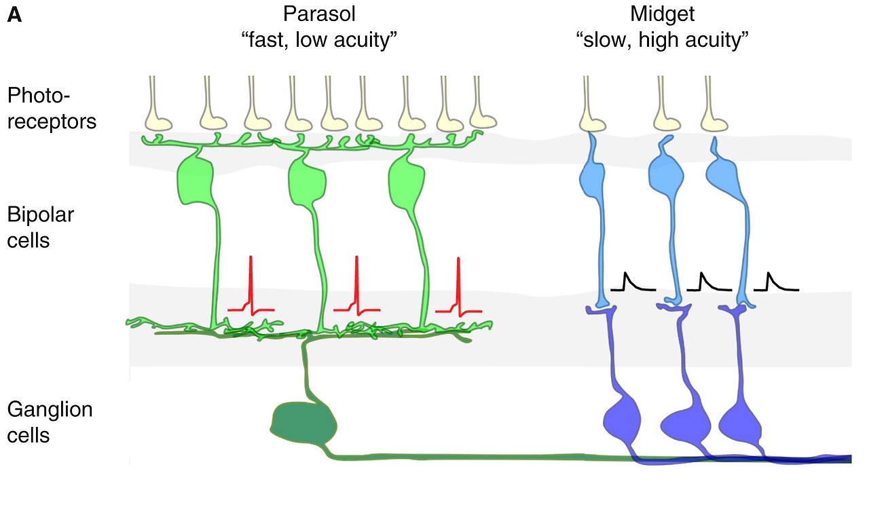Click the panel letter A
point(14,16)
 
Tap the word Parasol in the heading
point(318,14)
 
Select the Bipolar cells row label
point(41,227)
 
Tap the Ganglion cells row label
point(50,422)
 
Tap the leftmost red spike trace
point(251,288)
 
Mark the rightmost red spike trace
point(459,288)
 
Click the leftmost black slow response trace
point(632,282)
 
